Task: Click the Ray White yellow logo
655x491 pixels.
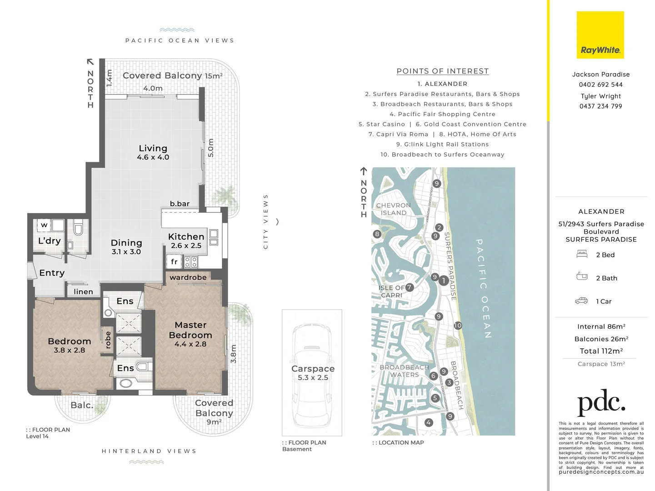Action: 600,35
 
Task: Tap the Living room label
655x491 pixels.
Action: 153,149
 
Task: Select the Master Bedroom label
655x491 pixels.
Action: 190,330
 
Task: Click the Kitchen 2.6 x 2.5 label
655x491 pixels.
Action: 186,240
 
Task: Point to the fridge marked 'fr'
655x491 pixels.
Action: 174,261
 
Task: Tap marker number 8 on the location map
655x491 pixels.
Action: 377,234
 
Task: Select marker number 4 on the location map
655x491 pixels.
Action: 428,422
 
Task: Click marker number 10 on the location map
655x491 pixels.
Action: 458,326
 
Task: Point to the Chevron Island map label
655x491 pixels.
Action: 393,209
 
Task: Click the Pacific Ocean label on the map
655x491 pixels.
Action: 484,289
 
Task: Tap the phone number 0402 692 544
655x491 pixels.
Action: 600,85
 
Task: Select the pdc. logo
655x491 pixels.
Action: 601,402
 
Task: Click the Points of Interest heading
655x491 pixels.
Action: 442,71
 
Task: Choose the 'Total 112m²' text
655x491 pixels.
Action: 601,351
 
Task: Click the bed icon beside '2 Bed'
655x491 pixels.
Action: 582,254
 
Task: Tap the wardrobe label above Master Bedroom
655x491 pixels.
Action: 188,277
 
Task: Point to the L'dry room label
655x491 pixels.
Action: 49,241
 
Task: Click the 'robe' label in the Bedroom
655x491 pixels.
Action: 108,340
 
